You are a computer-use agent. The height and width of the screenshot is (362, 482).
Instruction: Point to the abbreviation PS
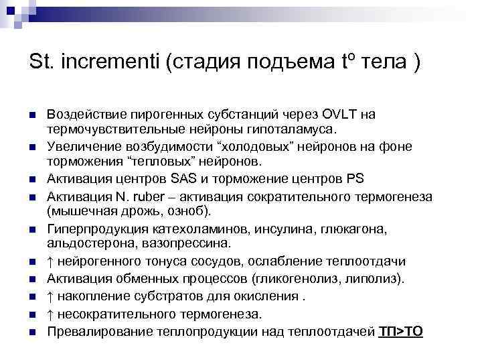(x=356, y=179)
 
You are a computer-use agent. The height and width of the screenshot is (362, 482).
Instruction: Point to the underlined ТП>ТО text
(x=400, y=331)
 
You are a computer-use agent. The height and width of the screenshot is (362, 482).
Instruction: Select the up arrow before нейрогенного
(x=51, y=261)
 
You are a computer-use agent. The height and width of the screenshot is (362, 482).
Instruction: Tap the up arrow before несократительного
(x=51, y=313)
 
